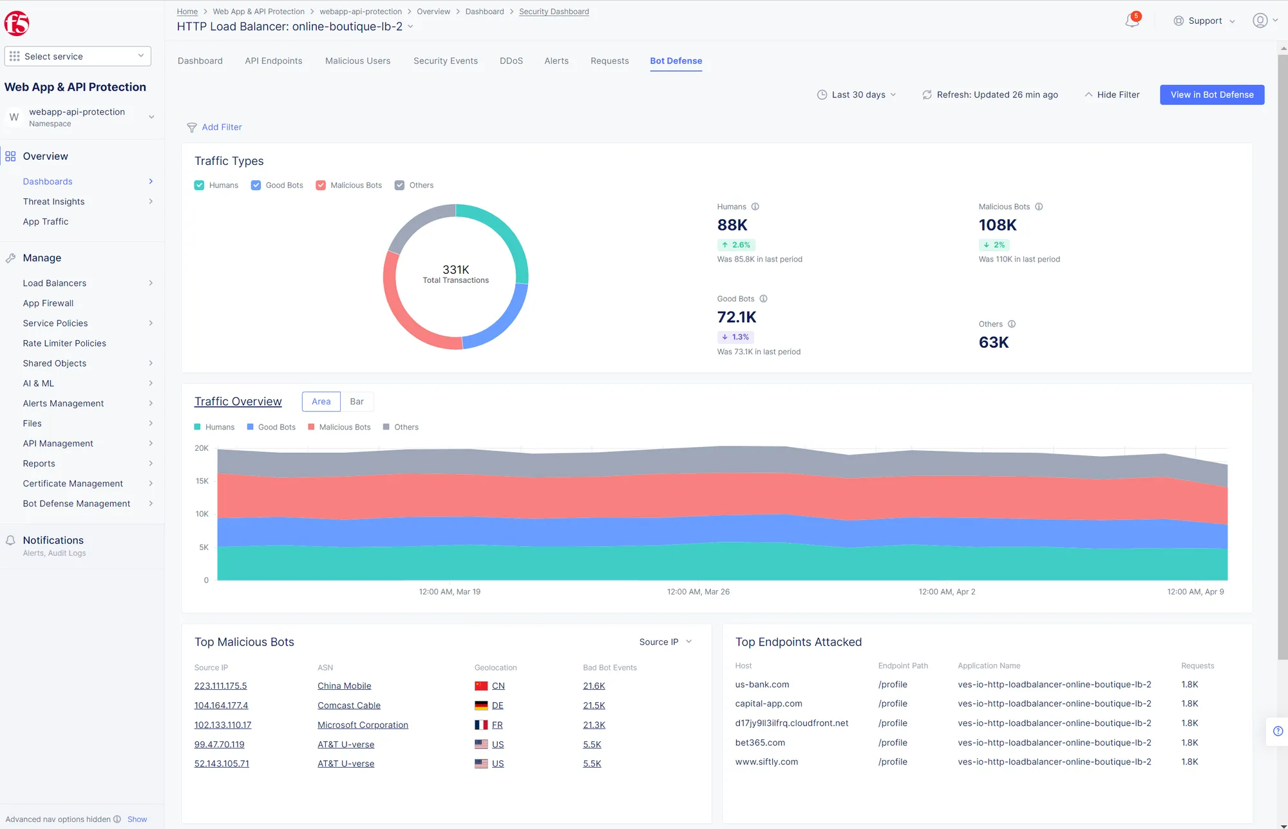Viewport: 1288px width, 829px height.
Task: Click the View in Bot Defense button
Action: click(x=1211, y=95)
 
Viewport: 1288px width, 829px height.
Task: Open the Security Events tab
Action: click(x=445, y=61)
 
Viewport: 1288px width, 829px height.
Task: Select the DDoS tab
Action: click(x=511, y=61)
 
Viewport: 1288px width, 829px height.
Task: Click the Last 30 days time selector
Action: click(x=857, y=95)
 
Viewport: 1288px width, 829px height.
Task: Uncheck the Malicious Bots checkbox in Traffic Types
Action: click(x=321, y=186)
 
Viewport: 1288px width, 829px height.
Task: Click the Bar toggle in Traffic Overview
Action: click(x=357, y=401)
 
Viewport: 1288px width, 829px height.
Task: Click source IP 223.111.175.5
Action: click(x=220, y=686)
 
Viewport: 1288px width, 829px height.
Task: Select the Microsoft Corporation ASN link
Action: click(x=363, y=725)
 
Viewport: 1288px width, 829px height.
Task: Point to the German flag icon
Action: click(x=481, y=705)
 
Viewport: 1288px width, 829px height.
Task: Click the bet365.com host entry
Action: click(x=760, y=743)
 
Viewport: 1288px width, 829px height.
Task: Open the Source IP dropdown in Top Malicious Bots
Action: click(x=665, y=642)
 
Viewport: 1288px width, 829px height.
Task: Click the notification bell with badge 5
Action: click(x=1132, y=21)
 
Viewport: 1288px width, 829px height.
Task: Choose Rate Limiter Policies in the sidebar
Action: click(x=64, y=343)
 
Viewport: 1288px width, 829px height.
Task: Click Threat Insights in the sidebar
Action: click(x=53, y=202)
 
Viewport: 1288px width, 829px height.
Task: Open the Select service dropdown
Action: click(x=77, y=57)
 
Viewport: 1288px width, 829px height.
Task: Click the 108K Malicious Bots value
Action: click(x=998, y=225)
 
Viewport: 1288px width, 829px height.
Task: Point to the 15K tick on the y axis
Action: click(x=202, y=481)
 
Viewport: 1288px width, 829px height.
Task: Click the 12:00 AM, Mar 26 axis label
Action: click(x=698, y=591)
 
